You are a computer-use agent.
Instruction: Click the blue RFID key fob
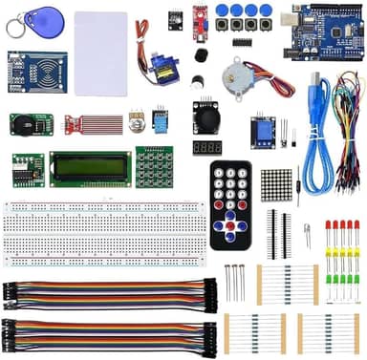click(x=41, y=18)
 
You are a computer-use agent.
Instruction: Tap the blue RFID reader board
click(x=36, y=70)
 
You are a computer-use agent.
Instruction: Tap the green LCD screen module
click(x=91, y=168)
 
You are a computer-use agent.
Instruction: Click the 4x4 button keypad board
click(x=153, y=167)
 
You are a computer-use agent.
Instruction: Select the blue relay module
click(x=261, y=130)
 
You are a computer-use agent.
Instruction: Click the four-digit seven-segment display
click(x=207, y=149)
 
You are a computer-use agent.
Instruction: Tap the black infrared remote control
click(x=229, y=201)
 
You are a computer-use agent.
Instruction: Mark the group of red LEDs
click(x=341, y=230)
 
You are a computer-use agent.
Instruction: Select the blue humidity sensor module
click(x=160, y=119)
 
